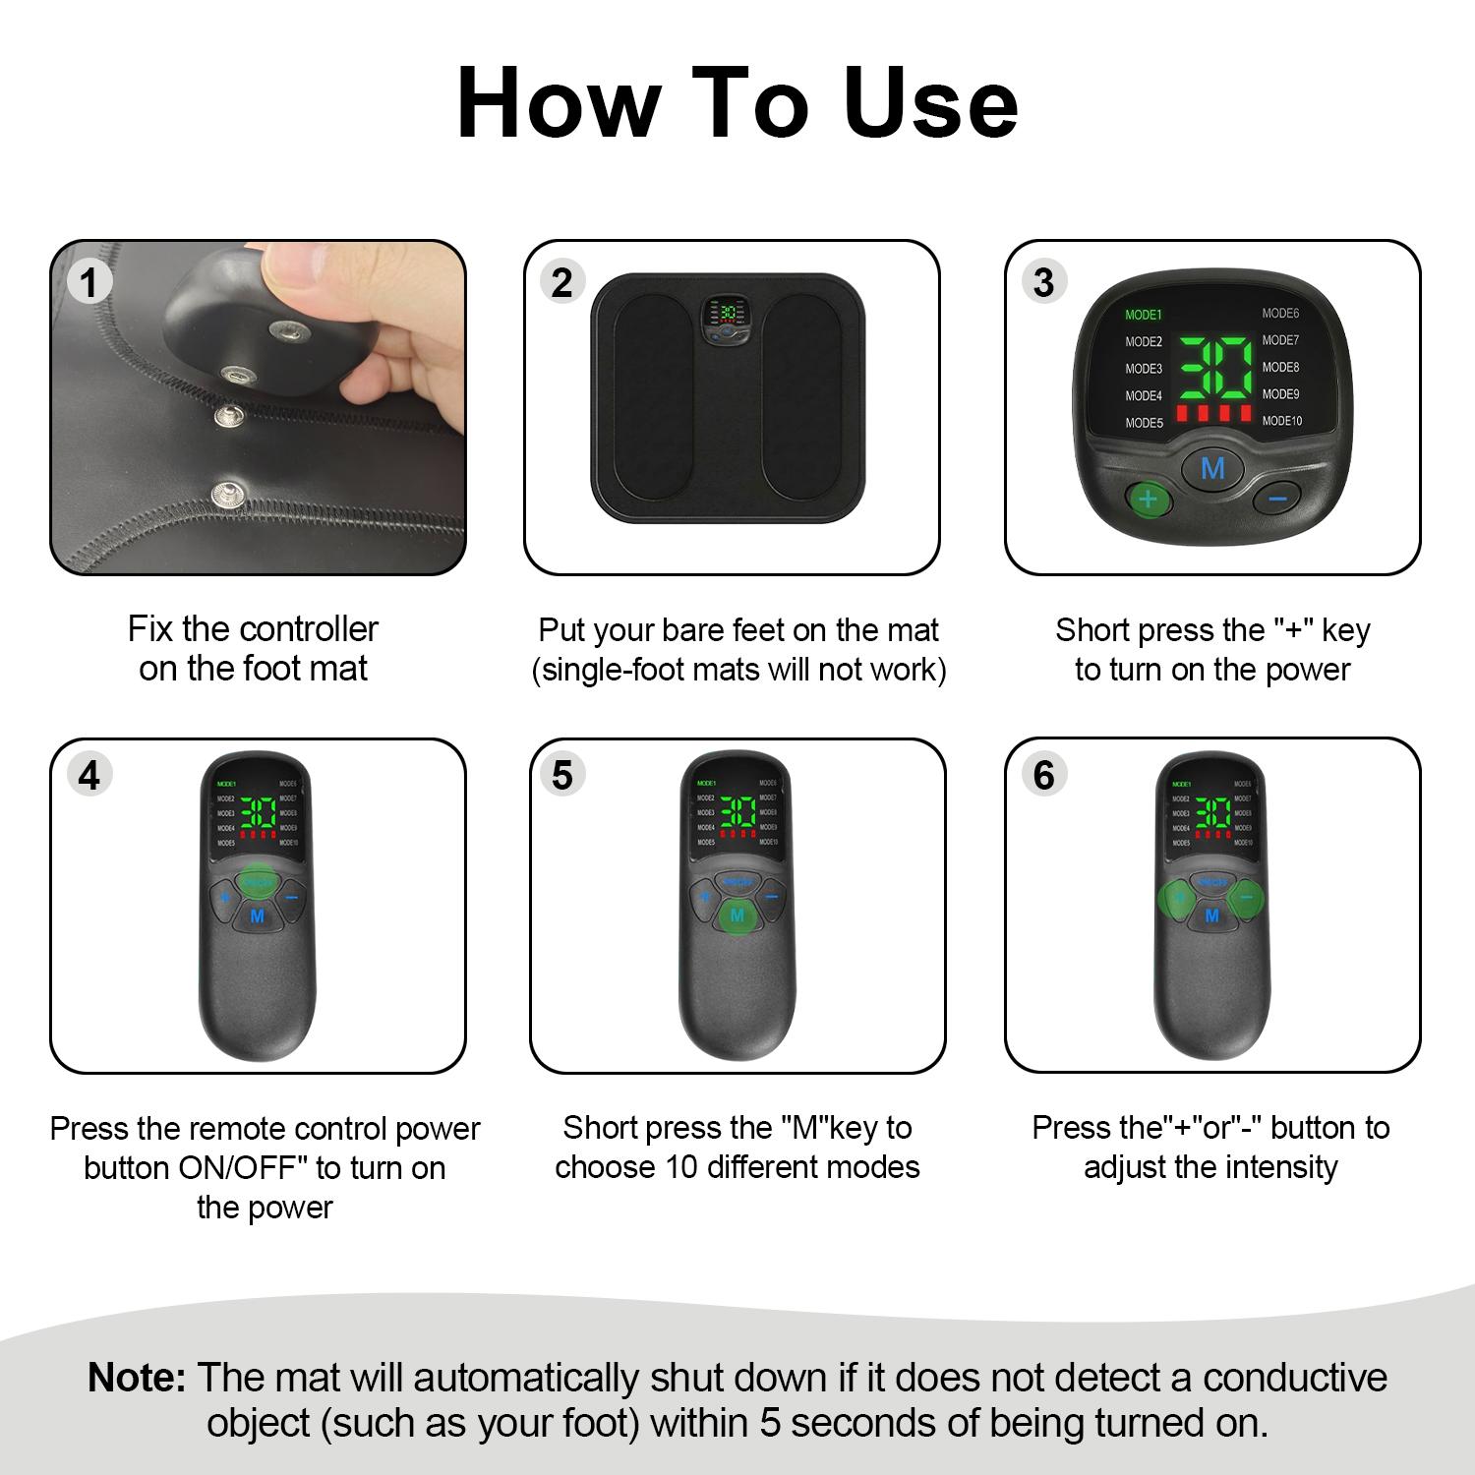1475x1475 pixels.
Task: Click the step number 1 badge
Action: click(89, 283)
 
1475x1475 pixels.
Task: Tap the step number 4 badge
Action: click(89, 775)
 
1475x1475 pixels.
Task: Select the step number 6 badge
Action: click(1043, 775)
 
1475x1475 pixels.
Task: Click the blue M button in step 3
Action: click(1212, 468)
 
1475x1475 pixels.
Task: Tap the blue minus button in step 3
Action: click(1277, 500)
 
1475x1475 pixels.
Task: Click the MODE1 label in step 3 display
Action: click(1144, 315)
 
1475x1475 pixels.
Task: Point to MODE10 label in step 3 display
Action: click(1282, 421)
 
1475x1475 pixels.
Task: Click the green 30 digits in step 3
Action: click(1215, 368)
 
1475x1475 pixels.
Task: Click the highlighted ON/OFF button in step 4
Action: click(259, 879)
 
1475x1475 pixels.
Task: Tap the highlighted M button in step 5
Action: click(737, 916)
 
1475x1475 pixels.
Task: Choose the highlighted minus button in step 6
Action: click(1246, 897)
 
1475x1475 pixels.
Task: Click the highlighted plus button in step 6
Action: click(1177, 897)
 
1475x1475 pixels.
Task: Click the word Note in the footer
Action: click(136, 1378)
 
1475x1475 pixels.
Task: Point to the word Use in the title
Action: click(930, 103)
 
